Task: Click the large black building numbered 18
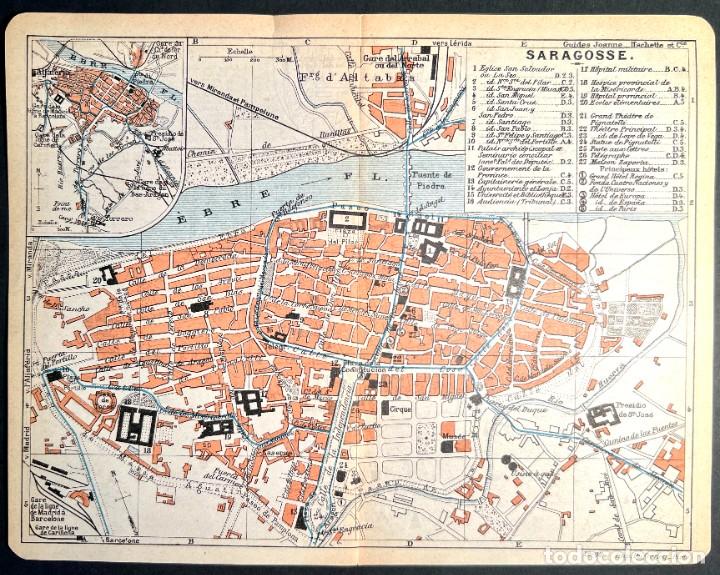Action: coord(136,425)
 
